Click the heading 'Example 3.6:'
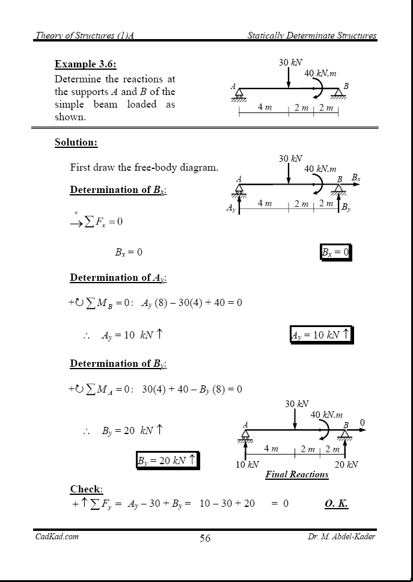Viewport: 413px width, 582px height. click(85, 64)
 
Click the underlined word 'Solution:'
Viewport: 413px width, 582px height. click(76, 142)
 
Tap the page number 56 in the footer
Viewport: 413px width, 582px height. click(205, 538)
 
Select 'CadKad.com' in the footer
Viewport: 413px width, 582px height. click(57, 536)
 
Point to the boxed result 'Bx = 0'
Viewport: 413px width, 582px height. click(335, 253)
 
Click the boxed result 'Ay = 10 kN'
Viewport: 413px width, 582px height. click(320, 335)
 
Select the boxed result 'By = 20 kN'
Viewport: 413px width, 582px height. click(167, 461)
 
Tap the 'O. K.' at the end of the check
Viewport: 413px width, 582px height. click(336, 503)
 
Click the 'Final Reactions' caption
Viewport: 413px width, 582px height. click(297, 474)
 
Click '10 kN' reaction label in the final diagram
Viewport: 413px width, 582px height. click(247, 464)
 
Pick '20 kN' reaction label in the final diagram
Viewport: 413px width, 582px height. click(346, 464)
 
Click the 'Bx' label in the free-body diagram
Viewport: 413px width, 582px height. click(356, 178)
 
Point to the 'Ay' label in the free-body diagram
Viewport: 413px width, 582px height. click(231, 208)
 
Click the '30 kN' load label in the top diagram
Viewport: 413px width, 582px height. click(290, 63)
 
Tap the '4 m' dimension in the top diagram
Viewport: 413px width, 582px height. click(265, 107)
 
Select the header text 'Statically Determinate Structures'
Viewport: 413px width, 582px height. click(312, 35)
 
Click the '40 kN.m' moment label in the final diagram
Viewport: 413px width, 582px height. click(326, 415)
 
